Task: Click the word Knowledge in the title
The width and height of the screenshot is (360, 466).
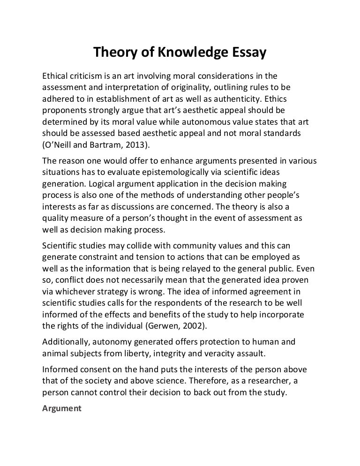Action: click(x=187, y=54)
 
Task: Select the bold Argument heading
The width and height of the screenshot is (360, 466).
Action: click(x=62, y=408)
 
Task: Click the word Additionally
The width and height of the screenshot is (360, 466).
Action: click(x=67, y=343)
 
